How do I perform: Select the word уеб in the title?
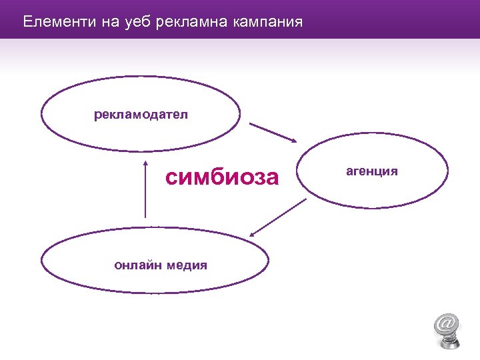tap(138, 22)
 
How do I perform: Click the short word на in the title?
tap(109, 22)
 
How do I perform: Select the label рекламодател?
tap(141, 115)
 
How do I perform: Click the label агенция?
tap(372, 171)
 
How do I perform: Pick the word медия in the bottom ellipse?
tap(187, 265)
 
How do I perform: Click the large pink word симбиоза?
tap(222, 177)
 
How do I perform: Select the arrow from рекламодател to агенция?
tap(273, 132)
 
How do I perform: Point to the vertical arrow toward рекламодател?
tap(145, 189)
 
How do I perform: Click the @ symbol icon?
tap(447, 323)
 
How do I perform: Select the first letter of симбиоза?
tap(173, 178)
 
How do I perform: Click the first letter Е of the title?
tap(27, 22)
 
